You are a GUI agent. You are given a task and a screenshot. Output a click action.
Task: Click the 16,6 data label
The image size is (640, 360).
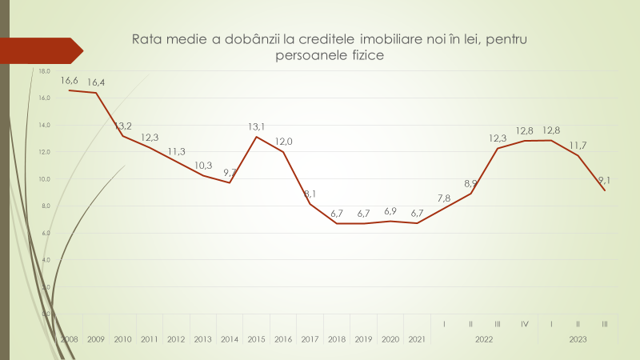(69, 80)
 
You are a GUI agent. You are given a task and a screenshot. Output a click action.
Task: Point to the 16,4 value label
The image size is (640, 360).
(96, 82)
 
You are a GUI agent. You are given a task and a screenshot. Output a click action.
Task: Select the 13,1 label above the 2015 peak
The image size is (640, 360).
(256, 126)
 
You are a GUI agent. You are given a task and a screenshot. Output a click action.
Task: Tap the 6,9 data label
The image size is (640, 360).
(390, 211)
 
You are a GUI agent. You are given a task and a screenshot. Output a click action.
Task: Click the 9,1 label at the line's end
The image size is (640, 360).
(604, 180)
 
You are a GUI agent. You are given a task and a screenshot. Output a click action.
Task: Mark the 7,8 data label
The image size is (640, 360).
(444, 198)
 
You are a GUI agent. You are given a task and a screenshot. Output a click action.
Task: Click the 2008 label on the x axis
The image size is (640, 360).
(69, 339)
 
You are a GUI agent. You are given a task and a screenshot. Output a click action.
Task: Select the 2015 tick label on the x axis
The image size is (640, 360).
(256, 339)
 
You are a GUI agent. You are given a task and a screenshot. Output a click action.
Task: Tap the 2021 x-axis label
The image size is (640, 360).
(417, 339)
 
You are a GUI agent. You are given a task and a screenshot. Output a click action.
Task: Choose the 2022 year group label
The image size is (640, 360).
(484, 339)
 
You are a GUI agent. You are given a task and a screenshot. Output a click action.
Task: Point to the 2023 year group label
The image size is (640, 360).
(578, 339)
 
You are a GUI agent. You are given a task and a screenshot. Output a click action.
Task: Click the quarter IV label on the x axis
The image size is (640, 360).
(524, 324)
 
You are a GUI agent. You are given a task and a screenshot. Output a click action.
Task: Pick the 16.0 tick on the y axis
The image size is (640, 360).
(45, 98)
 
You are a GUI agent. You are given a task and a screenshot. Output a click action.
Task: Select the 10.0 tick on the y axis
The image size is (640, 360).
(45, 179)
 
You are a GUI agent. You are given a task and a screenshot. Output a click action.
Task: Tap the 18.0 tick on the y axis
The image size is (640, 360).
(45, 70)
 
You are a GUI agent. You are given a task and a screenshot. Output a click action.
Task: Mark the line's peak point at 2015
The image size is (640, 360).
(256, 137)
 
